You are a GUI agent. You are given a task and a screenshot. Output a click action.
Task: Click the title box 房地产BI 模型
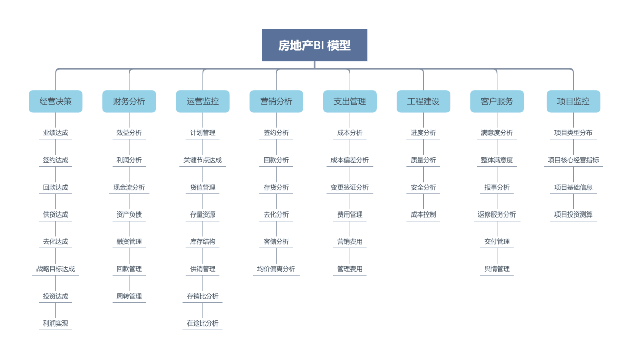(x=314, y=45)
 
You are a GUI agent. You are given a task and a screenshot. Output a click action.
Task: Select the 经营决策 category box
(x=56, y=101)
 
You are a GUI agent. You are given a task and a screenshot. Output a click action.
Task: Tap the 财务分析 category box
(x=129, y=101)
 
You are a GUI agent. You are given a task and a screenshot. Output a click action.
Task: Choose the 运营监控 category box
(x=203, y=101)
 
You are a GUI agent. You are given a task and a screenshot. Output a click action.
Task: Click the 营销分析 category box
(x=276, y=101)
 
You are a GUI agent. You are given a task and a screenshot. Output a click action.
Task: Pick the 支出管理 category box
(x=350, y=101)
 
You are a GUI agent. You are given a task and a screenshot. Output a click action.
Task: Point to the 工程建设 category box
(x=423, y=101)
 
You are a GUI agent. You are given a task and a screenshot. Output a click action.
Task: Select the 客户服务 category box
(x=497, y=101)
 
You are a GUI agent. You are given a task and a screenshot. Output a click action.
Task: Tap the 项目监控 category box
(x=573, y=101)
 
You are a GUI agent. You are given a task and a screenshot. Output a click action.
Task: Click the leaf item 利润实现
(x=56, y=323)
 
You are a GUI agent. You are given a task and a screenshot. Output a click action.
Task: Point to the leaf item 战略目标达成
(x=56, y=269)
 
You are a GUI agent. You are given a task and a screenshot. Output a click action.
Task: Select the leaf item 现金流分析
(x=129, y=187)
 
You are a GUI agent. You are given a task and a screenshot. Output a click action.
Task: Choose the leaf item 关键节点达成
(x=203, y=160)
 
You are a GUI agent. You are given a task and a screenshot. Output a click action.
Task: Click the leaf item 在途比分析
(x=203, y=323)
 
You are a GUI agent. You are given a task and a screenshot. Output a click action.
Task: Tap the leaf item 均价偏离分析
(x=276, y=269)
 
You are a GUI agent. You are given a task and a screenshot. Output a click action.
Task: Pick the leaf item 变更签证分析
(x=350, y=187)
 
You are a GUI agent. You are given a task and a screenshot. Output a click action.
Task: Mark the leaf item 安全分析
(x=423, y=187)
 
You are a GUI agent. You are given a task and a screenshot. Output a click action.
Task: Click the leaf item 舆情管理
(x=497, y=269)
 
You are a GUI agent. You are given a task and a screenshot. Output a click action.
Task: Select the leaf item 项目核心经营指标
(x=573, y=160)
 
